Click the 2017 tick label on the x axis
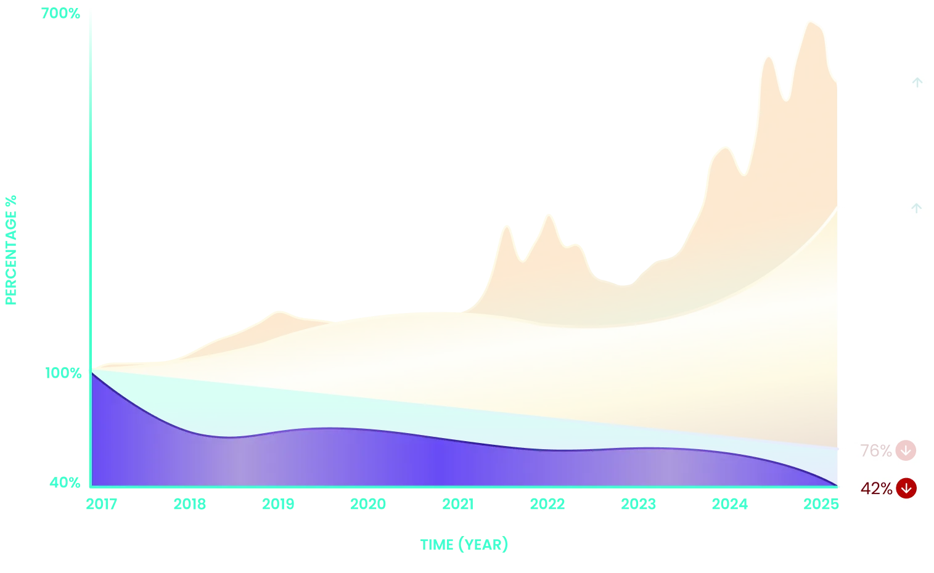(101, 505)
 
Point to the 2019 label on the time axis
(279, 505)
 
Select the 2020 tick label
(368, 505)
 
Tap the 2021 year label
(457, 505)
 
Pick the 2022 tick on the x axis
(547, 505)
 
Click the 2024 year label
(729, 505)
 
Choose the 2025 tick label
(821, 505)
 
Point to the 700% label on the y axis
(61, 12)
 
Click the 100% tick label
(63, 372)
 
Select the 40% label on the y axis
(65, 481)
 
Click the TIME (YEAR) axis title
(464, 545)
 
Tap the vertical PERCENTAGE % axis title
(12, 249)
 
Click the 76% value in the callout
(875, 451)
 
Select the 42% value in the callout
(876, 489)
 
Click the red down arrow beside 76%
(906, 450)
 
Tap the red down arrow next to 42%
(906, 489)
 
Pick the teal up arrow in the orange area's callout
(917, 83)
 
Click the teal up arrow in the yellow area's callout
(917, 208)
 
